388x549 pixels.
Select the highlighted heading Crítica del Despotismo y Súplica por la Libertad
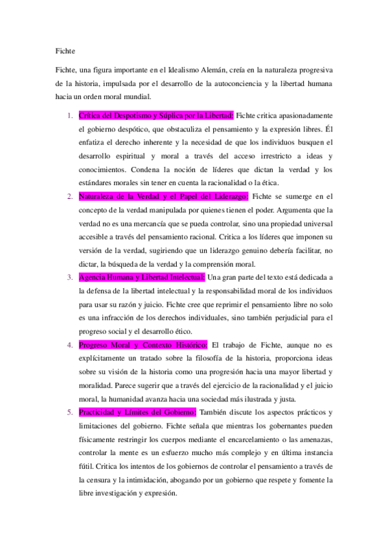[x=155, y=115]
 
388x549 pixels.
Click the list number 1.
[x=69, y=115]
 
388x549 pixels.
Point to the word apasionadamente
[x=302, y=115]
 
